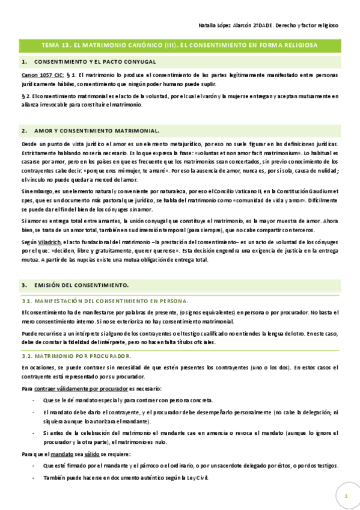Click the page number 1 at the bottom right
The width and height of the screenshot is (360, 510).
(x=346, y=496)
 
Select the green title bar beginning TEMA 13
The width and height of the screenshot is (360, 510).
(x=180, y=45)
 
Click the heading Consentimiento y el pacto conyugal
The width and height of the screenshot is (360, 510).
(x=96, y=61)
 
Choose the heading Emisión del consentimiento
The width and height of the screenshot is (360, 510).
(x=82, y=284)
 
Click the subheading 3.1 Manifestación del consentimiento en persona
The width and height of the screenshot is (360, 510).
(x=105, y=300)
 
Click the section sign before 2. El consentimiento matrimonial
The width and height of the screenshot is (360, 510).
(x=23, y=96)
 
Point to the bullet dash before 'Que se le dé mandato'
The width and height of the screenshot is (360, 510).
(x=32, y=401)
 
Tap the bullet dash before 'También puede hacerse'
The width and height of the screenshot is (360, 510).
(x=32, y=478)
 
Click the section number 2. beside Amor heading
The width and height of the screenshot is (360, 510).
(x=24, y=130)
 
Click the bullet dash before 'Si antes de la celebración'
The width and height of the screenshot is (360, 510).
(x=32, y=433)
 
